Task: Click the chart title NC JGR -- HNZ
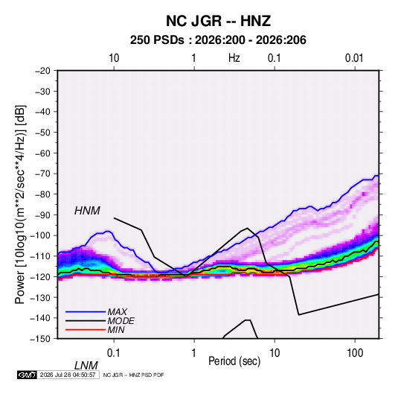click(x=218, y=21)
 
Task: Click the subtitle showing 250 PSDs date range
click(x=218, y=40)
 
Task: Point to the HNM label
click(x=87, y=211)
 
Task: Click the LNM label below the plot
click(x=86, y=366)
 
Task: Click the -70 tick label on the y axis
click(x=42, y=174)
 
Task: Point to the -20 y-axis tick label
click(x=42, y=71)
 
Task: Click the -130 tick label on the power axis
click(x=40, y=297)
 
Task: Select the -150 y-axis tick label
click(x=40, y=339)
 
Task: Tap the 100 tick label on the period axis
click(x=355, y=353)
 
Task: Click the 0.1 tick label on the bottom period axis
click(x=114, y=353)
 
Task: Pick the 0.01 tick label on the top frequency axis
click(x=354, y=58)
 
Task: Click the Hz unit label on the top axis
click(x=234, y=58)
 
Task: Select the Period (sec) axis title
click(x=234, y=361)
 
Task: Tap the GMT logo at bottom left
click(x=28, y=375)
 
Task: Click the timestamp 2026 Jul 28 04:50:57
click(x=68, y=375)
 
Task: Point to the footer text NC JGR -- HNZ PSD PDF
click(x=133, y=375)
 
